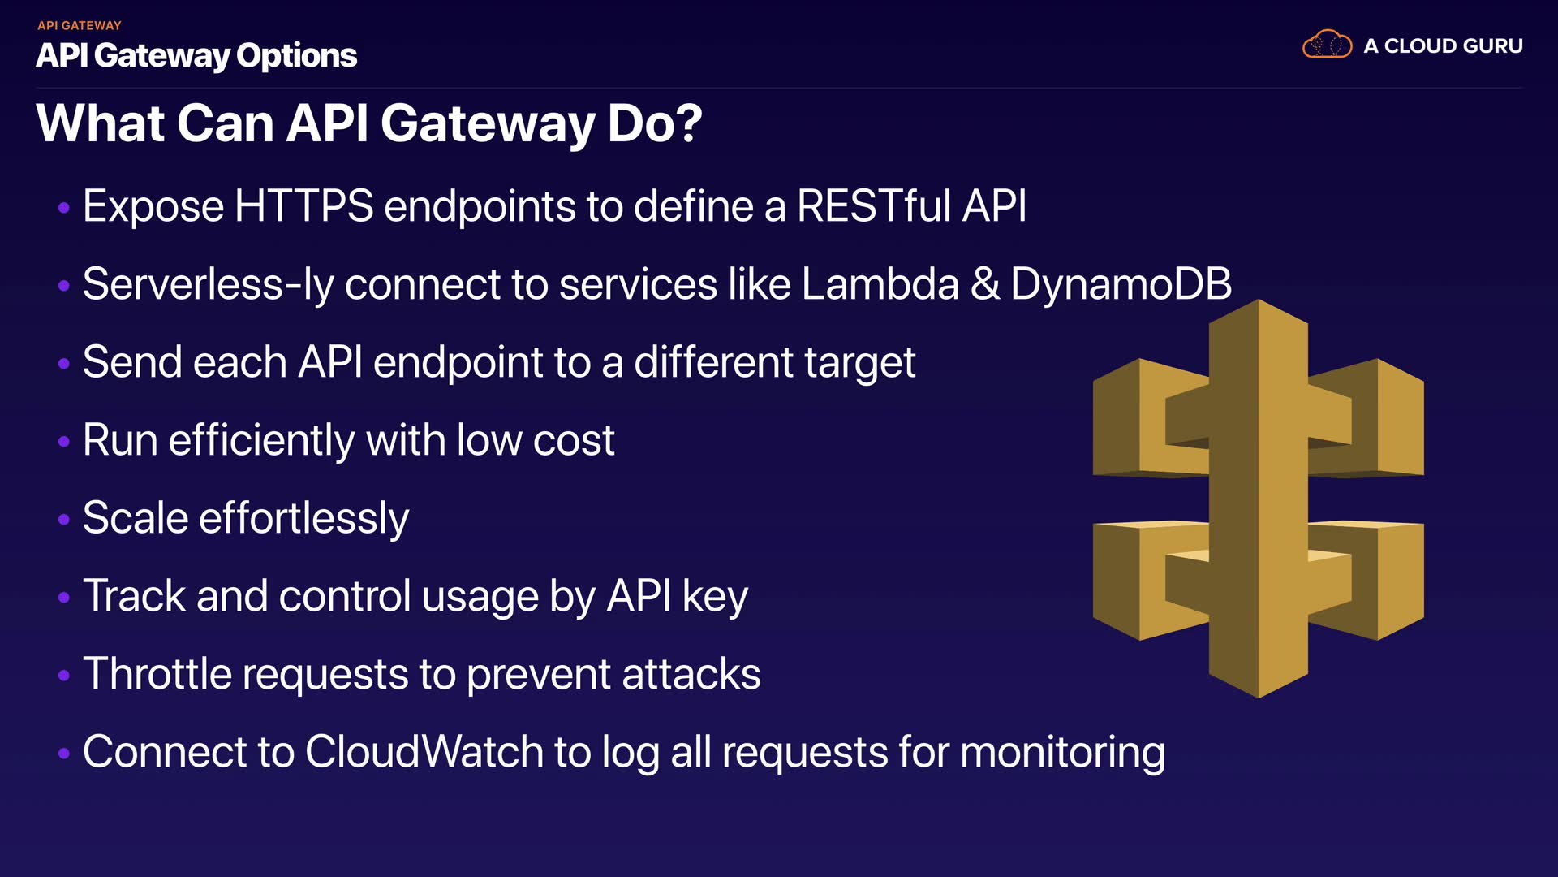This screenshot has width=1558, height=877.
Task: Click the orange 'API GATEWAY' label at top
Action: click(79, 25)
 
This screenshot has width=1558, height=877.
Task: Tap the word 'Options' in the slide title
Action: click(296, 56)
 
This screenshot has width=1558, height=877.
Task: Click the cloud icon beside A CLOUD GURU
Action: click(1327, 45)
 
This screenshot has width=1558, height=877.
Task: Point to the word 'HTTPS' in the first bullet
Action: click(303, 205)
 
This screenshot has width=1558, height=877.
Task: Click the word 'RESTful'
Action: click(874, 205)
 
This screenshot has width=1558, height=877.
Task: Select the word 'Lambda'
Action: click(880, 284)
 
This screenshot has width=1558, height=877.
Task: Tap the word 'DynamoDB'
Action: click(1121, 284)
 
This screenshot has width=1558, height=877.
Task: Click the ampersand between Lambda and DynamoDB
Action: click(985, 284)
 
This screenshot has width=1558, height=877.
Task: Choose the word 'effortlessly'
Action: click(303, 519)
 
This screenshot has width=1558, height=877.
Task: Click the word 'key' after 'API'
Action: click(714, 597)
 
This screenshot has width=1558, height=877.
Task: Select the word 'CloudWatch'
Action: click(424, 752)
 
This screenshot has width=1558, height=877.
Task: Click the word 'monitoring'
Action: click(1062, 753)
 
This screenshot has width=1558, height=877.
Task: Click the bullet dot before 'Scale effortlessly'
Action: click(64, 520)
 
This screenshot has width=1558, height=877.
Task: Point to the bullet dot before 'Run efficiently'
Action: click(64, 442)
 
